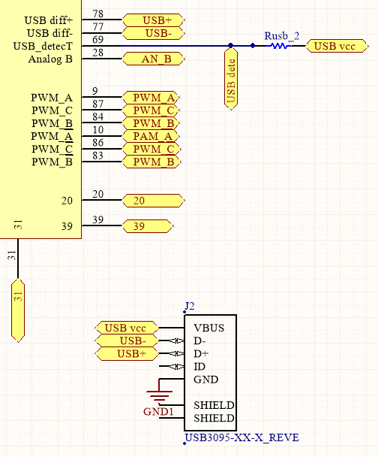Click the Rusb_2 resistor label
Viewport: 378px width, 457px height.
(282, 35)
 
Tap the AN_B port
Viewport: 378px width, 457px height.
(152, 59)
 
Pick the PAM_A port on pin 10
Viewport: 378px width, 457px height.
(153, 136)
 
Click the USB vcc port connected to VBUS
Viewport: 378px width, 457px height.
(126, 328)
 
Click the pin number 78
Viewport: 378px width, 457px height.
(98, 14)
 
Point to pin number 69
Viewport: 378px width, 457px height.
(98, 40)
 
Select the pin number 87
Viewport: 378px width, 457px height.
(98, 104)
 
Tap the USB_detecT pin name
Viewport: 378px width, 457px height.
(43, 47)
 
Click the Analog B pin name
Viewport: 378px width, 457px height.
(50, 59)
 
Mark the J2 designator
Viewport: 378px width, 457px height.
(189, 306)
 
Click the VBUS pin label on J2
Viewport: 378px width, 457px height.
(208, 328)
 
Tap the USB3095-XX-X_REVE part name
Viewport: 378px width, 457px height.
(235, 437)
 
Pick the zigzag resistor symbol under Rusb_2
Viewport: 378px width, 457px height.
(280, 46)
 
